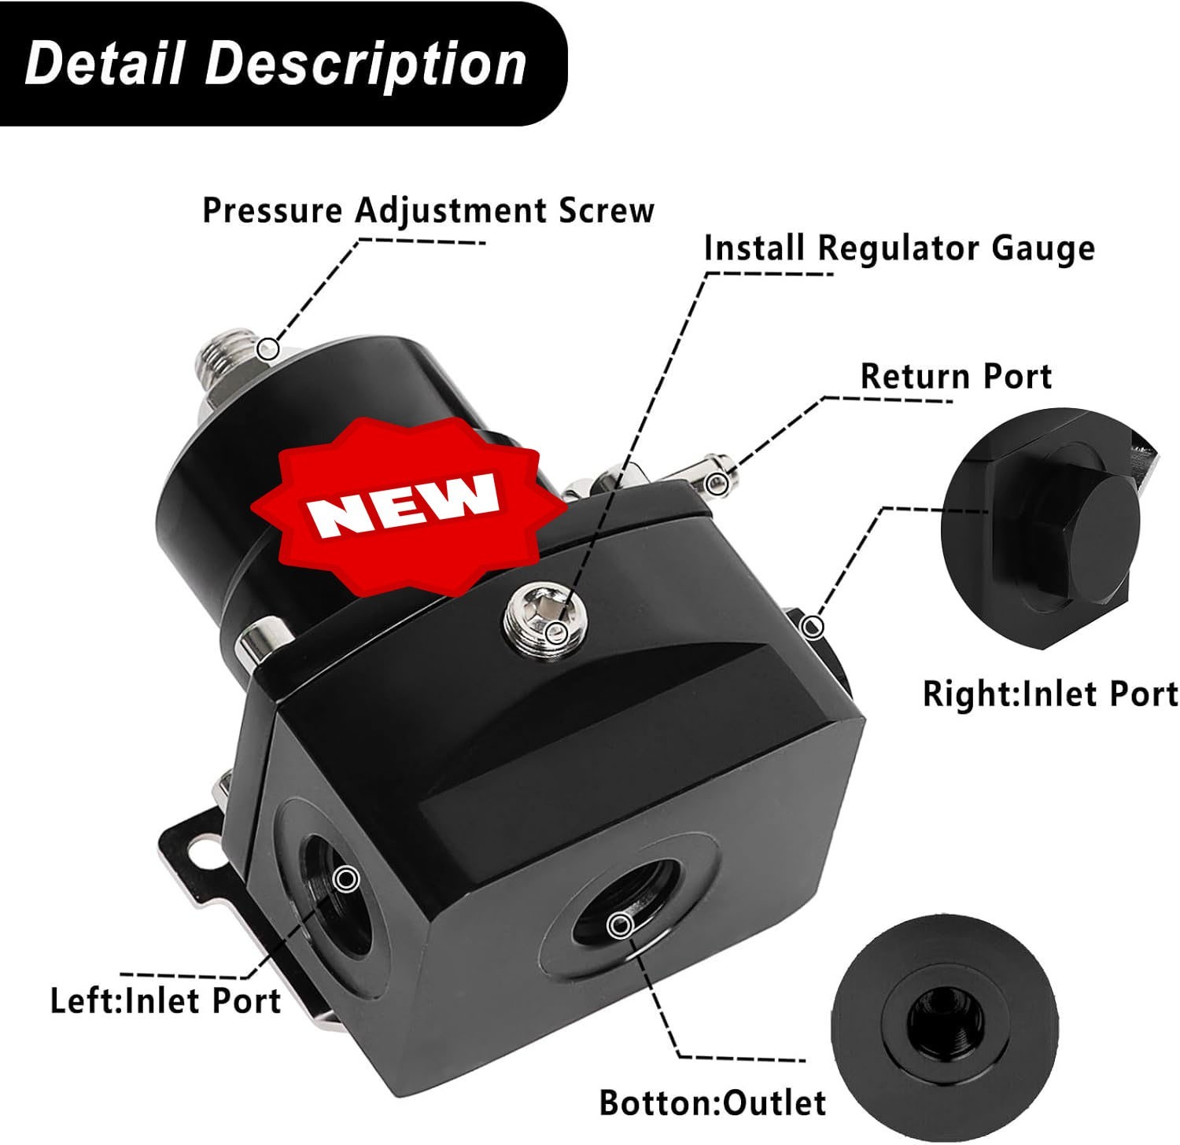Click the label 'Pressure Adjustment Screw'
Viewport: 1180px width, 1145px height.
429,211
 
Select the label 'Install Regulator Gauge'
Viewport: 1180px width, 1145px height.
899,249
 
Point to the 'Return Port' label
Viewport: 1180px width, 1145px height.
956,377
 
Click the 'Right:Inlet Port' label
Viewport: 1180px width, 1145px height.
1050,694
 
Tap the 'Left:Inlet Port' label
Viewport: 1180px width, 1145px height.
165,1001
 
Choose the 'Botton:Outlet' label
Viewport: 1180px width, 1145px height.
713,1103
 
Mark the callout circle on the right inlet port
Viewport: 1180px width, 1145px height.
813,627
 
